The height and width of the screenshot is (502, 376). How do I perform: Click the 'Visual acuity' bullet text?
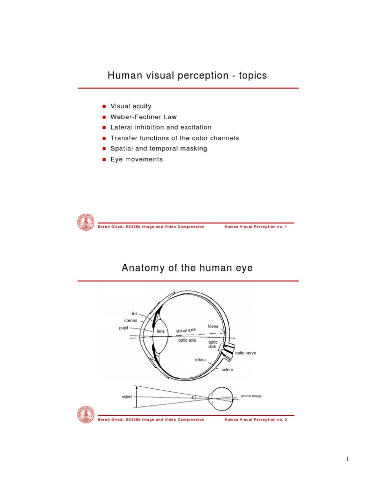(x=131, y=106)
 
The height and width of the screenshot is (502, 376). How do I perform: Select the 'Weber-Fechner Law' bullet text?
(x=143, y=117)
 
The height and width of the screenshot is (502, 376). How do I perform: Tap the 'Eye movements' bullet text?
(x=136, y=159)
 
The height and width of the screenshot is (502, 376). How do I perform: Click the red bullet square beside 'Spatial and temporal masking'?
(x=104, y=149)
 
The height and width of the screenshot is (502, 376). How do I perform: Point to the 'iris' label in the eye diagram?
(x=135, y=313)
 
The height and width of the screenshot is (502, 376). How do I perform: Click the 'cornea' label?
(x=131, y=321)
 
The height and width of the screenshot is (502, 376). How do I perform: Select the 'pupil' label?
(x=123, y=328)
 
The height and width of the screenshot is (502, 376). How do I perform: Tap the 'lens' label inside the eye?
(x=161, y=331)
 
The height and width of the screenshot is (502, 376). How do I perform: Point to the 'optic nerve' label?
(x=245, y=352)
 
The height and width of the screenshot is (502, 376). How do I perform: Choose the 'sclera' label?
(x=227, y=370)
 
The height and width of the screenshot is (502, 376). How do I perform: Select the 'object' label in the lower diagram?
(x=127, y=397)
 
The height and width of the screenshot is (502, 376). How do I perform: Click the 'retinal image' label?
(x=251, y=396)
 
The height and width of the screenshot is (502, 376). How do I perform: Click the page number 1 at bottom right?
(x=347, y=459)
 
